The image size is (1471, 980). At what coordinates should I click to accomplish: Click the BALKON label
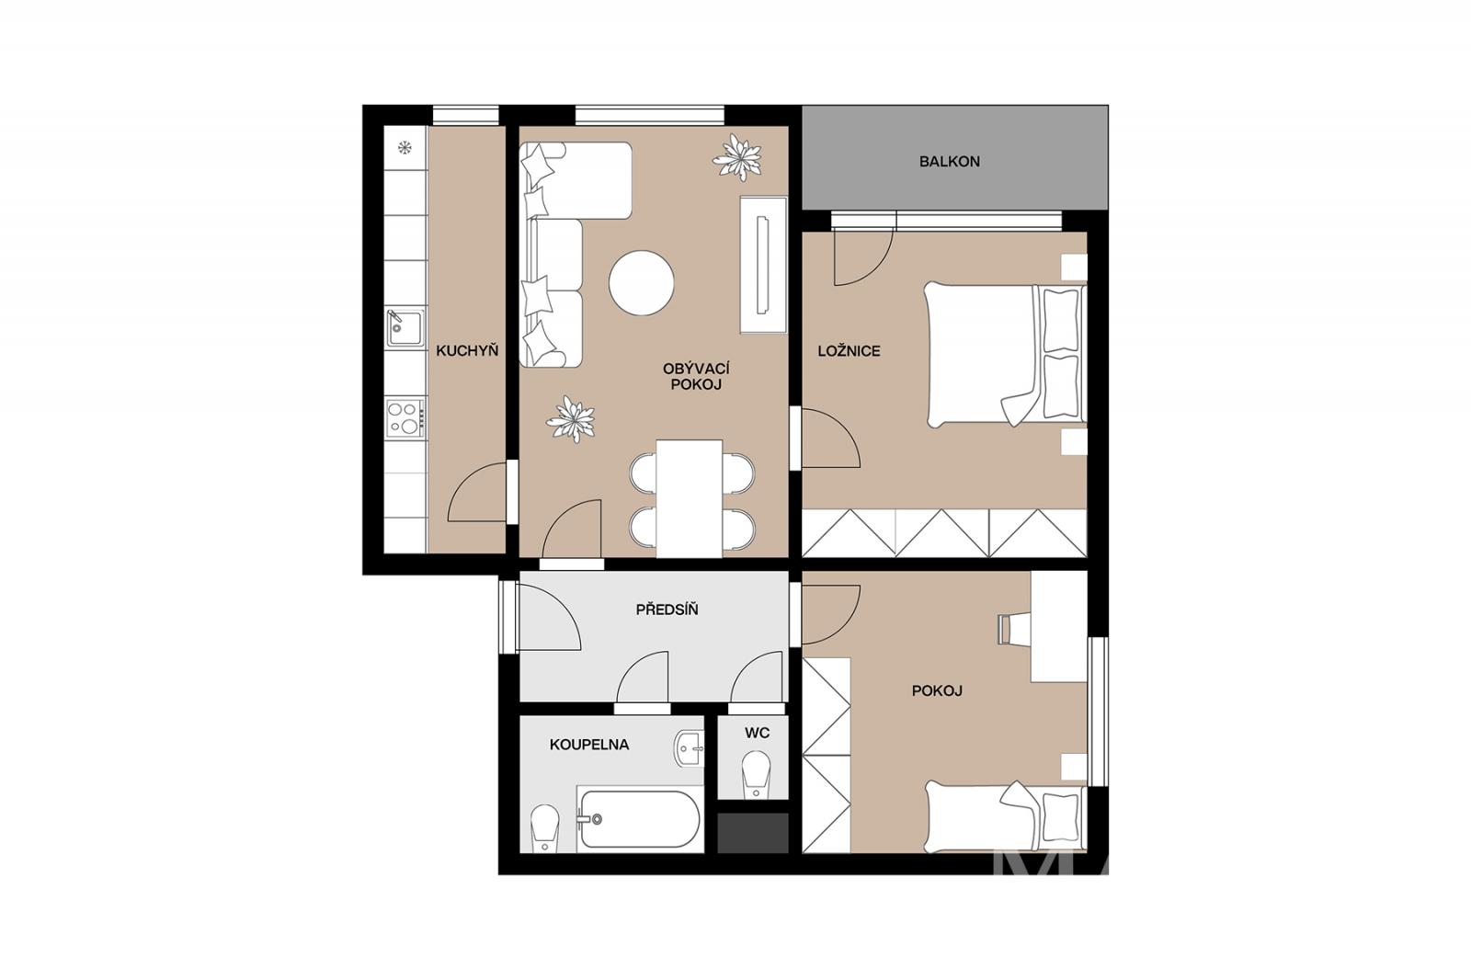pos(949,162)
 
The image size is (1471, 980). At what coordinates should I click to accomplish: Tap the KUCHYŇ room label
pos(467,351)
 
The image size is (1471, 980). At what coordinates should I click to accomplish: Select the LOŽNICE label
pos(849,351)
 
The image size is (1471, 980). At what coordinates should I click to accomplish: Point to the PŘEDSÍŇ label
pos(667,610)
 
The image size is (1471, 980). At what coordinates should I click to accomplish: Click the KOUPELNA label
pos(589,745)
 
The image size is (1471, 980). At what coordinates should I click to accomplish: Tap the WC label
pos(757,733)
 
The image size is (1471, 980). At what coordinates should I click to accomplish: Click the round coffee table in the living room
pos(642,283)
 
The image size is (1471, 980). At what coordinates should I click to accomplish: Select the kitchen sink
pos(404,328)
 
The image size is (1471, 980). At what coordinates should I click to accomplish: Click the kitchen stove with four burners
pos(405,417)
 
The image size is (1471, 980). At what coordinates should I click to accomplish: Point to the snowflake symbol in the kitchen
pos(405,148)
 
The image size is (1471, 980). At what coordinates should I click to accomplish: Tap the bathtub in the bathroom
pos(638,819)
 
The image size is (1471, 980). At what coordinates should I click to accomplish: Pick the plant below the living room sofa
pos(570,419)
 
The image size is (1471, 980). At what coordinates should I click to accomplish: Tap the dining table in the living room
pos(690,498)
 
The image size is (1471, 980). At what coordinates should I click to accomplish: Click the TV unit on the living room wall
pos(763,265)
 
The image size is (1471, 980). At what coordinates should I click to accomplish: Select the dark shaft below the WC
pos(753,833)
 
